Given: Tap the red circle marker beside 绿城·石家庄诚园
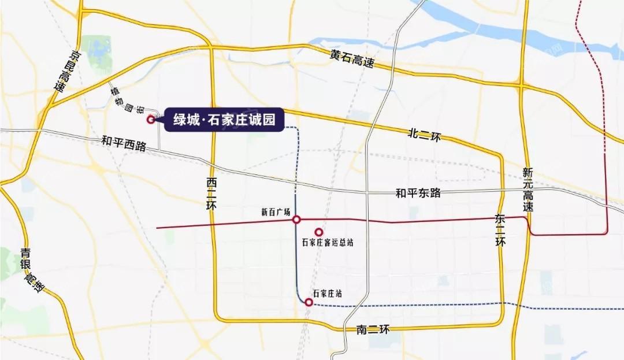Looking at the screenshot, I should tap(151, 120).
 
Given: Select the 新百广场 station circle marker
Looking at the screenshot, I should tap(296, 220).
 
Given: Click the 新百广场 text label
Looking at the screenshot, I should tap(275, 212).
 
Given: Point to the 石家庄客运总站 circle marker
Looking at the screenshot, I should tap(318, 232).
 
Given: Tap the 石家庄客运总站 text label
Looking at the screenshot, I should tap(327, 243).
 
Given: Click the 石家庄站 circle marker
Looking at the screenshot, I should tap(309, 302).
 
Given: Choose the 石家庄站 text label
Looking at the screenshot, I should tap(326, 294).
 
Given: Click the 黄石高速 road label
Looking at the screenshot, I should tap(352, 58).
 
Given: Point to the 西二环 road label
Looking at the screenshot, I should tap(212, 195).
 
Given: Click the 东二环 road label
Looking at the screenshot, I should tap(500, 230).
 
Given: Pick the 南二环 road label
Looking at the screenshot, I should tap(374, 329).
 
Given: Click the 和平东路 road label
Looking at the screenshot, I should tap(418, 193).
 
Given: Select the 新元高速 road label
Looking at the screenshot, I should tap(528, 189).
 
